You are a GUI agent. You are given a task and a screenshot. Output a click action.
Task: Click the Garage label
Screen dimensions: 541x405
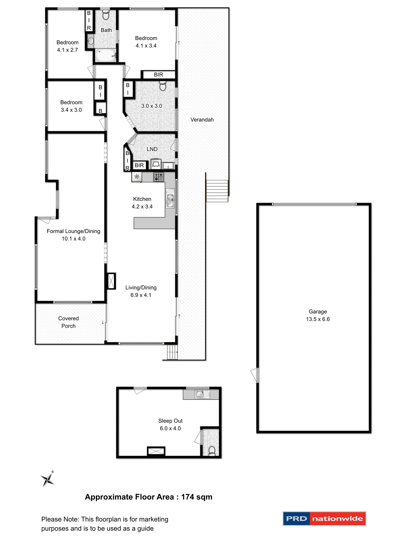point(318,312)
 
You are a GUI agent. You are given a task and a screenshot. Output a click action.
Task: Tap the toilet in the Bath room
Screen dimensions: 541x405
point(106,15)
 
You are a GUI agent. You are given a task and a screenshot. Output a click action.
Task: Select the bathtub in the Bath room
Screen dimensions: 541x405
point(105,55)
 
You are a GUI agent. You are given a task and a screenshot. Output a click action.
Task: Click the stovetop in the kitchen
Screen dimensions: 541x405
point(158,177)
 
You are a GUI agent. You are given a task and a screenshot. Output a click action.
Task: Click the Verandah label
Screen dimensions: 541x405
point(202,120)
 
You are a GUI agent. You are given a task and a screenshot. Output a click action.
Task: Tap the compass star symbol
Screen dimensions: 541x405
point(48,479)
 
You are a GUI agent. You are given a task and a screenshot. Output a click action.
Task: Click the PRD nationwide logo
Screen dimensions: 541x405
point(324,518)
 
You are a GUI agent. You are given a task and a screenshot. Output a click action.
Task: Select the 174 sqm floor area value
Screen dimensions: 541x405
point(197,497)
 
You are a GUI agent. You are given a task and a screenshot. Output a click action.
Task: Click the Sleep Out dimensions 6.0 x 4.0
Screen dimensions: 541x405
point(170,428)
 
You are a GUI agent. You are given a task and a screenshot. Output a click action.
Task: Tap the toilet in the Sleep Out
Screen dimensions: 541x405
point(212,450)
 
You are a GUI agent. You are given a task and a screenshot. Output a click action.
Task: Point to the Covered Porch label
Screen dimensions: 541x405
point(68,322)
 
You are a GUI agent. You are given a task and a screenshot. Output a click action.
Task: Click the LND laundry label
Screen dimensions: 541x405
point(152,149)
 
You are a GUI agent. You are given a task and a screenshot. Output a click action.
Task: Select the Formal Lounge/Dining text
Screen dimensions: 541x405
point(73,231)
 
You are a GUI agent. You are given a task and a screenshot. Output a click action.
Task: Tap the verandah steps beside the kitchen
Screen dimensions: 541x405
point(217,191)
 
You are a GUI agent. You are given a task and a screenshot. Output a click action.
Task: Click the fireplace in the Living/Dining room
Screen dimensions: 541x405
point(111,281)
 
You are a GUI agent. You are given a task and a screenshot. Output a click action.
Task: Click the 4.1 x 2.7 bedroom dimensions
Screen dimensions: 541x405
point(67,50)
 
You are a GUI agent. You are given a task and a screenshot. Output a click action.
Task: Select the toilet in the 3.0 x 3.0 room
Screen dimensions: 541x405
point(163,86)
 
